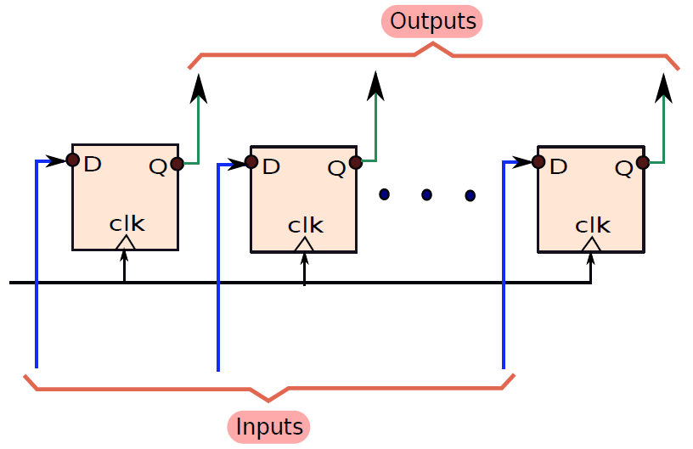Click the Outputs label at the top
(x=432, y=21)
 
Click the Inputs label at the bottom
(x=268, y=427)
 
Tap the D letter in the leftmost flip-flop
(x=93, y=164)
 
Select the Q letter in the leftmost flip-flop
(x=158, y=167)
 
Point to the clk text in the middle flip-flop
(x=306, y=226)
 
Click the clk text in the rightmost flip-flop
(x=593, y=226)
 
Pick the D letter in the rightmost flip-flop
(x=559, y=166)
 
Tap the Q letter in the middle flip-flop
(x=336, y=168)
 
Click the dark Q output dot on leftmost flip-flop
(x=177, y=164)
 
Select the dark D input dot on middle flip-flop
(x=251, y=162)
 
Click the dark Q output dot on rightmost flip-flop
(x=643, y=163)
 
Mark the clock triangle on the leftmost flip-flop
(x=126, y=243)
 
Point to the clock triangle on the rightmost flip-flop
(x=591, y=244)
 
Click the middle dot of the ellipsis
(x=426, y=194)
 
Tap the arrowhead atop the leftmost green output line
(x=199, y=88)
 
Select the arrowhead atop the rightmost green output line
(x=664, y=88)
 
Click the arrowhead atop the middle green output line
(x=375, y=86)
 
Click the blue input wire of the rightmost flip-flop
(x=504, y=265)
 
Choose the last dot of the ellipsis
(x=470, y=195)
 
